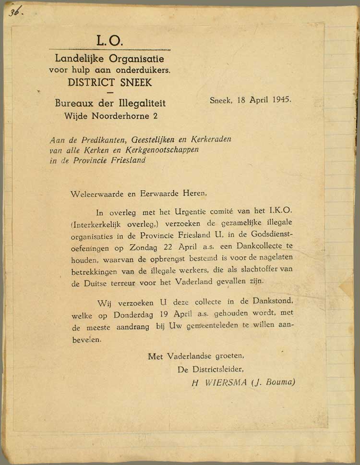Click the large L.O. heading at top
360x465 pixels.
109,40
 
